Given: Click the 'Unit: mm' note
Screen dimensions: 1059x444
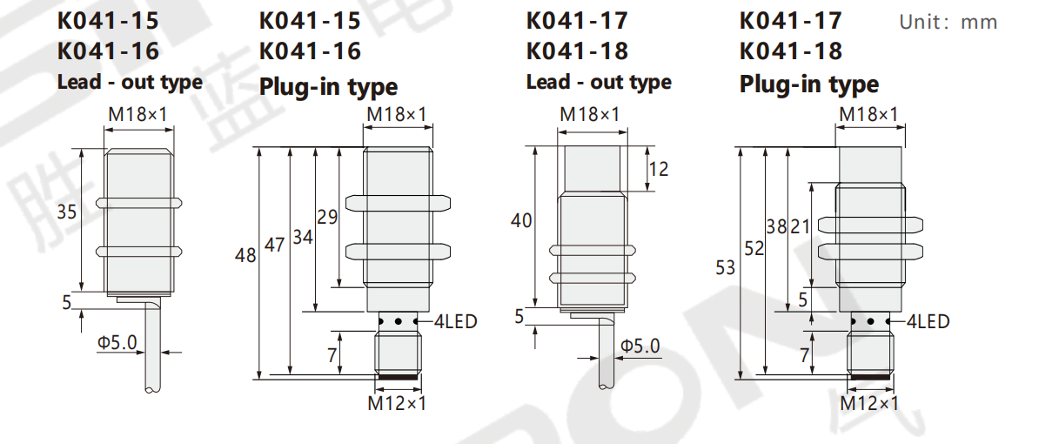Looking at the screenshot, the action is (x=948, y=23).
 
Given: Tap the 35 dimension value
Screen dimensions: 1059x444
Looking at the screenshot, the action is (x=67, y=212).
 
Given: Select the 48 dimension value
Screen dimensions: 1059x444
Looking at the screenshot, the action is (x=245, y=256).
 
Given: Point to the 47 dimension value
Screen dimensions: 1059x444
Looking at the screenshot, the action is (x=275, y=245).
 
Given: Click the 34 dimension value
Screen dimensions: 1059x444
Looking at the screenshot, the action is (x=303, y=237).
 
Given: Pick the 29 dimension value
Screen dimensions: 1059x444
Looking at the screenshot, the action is (x=328, y=217).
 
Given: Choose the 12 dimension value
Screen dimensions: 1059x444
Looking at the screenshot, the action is (x=659, y=169).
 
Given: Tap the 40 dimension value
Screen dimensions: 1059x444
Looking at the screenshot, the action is (x=521, y=221).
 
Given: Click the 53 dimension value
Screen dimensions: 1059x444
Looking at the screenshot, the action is (x=725, y=268).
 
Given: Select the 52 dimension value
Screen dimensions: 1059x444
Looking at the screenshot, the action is (x=754, y=249).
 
